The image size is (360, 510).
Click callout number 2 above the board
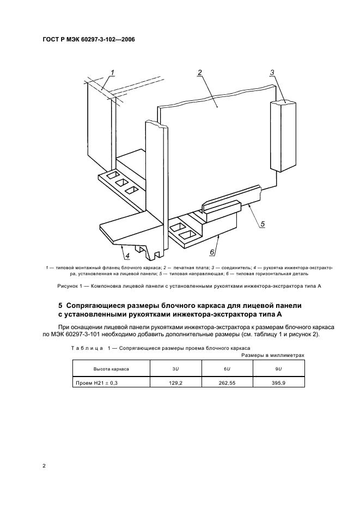click(200, 72)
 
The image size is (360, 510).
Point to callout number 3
click(272, 72)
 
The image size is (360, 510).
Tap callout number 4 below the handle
click(127, 255)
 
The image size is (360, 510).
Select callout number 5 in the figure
click(262, 223)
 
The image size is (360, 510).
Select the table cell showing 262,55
click(226, 383)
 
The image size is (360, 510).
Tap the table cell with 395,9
click(279, 383)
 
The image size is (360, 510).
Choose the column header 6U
click(226, 369)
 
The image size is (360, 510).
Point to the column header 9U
click(279, 369)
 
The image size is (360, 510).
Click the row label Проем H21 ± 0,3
click(95, 383)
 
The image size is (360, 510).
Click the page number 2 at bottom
click(44, 466)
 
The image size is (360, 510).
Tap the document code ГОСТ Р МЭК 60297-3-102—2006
click(88, 40)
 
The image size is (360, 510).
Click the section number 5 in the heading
click(60, 305)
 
